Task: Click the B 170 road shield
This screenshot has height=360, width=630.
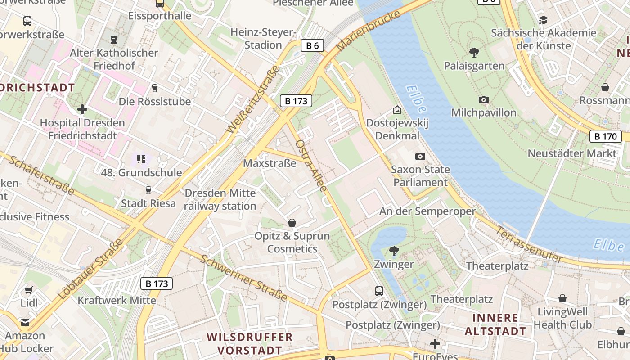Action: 605,136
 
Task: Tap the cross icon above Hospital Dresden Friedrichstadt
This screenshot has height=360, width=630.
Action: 82,109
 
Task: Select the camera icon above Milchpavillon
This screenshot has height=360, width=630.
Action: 484,99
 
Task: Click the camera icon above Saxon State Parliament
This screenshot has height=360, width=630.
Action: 420,156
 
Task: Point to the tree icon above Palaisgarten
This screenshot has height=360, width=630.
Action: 474,53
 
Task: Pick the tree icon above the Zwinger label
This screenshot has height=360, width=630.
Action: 394,251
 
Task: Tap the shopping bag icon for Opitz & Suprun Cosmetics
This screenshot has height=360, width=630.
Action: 292,223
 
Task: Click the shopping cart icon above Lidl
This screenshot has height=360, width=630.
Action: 29,290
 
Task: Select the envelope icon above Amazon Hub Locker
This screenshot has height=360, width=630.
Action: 25,322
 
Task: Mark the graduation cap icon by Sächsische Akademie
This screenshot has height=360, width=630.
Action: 543,20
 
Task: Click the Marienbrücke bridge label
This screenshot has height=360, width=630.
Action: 368,31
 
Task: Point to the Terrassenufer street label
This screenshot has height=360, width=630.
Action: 529,244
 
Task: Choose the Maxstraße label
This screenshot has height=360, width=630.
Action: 270,163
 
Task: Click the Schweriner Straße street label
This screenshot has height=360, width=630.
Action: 243,278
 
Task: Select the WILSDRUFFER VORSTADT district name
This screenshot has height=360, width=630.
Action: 250,343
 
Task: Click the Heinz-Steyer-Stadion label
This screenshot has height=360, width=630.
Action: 263,39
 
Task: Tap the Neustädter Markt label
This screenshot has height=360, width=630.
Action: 572,153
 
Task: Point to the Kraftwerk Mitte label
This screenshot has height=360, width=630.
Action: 117,300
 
